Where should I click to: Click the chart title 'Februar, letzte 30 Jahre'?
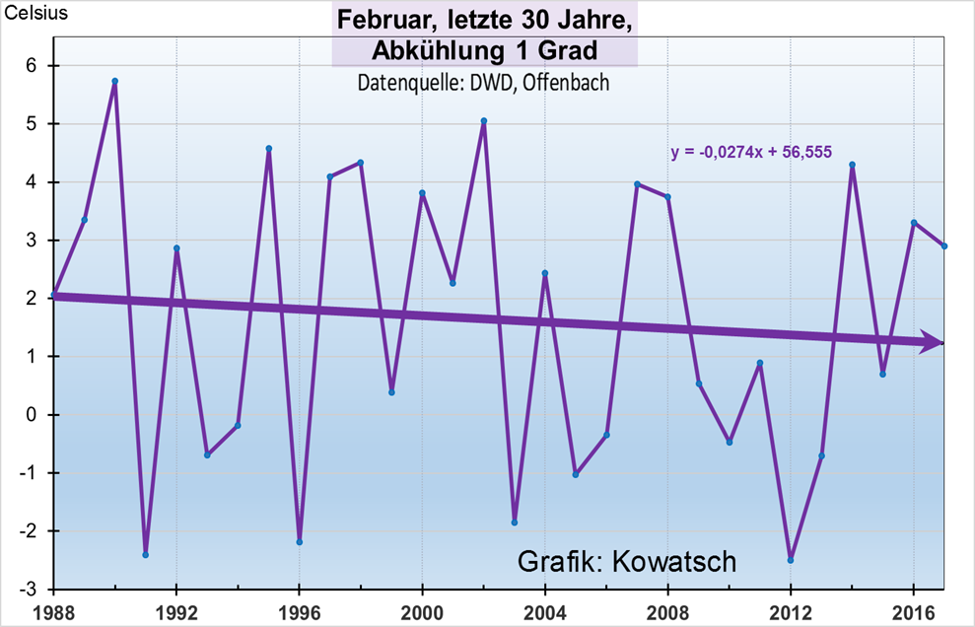pyautogui.click(x=484, y=20)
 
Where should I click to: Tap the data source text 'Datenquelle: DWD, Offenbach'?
pyautogui.click(x=483, y=83)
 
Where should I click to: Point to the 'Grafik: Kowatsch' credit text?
pyautogui.click(x=627, y=561)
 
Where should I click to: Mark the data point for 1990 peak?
pyautogui.click(x=115, y=81)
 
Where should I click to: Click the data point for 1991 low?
pyautogui.click(x=146, y=555)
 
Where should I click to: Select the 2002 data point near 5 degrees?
pyautogui.click(x=484, y=121)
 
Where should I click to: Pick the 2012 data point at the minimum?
pyautogui.click(x=791, y=560)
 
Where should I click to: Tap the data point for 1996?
pyautogui.click(x=300, y=542)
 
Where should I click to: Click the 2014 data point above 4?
pyautogui.click(x=853, y=165)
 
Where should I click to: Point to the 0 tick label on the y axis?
pyautogui.click(x=32, y=414)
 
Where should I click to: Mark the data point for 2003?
pyautogui.click(x=515, y=522)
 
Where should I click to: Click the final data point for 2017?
pyautogui.click(x=943, y=246)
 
